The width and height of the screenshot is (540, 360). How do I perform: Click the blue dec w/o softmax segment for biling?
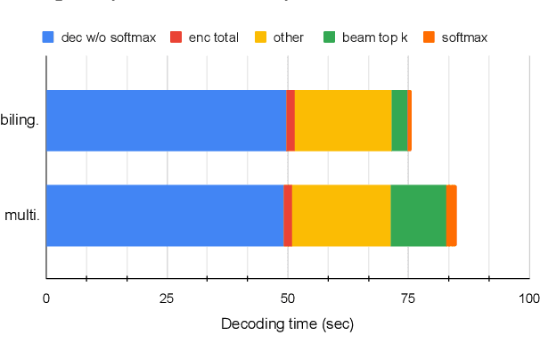coord(166,120)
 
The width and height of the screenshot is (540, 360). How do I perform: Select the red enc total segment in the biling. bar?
coord(290,120)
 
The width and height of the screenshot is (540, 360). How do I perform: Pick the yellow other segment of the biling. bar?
coord(343,120)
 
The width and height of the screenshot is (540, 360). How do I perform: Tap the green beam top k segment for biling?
coord(399,120)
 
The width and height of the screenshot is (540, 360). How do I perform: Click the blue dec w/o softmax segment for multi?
coord(164,215)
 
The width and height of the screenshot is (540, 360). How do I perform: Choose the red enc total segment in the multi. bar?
coord(288,215)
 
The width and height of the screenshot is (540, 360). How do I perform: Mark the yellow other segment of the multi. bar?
coord(341,215)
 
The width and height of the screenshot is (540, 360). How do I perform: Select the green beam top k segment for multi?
coord(418,215)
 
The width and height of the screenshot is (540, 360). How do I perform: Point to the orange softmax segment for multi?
coord(452,215)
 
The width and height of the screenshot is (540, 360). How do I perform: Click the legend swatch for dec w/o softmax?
coord(48,37)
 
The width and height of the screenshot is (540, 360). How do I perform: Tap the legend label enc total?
coord(214,37)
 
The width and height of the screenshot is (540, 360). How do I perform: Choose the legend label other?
coord(289,37)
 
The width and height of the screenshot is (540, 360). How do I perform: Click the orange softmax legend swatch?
coord(428,37)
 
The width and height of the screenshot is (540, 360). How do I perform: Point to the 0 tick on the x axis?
coord(46,298)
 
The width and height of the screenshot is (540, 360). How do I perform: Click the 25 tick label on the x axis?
coord(167,298)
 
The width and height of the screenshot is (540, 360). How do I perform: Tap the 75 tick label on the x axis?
coord(408,298)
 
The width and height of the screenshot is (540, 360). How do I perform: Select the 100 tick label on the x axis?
coord(528,298)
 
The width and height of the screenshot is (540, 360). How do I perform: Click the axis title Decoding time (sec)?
coord(287,324)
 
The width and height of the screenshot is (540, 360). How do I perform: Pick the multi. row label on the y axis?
coord(22,215)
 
